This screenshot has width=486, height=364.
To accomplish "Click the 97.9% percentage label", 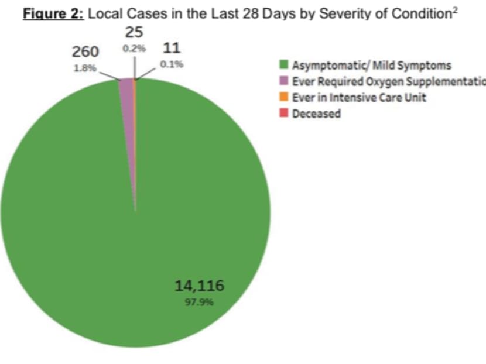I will click(x=199, y=303).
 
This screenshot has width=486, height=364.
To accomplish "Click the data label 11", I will click(x=171, y=49).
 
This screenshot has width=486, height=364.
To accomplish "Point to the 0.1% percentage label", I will click(x=172, y=64).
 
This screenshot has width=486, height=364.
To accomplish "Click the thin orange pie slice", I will click(x=135, y=85).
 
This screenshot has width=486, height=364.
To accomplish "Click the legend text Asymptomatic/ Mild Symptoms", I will click(x=372, y=66).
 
